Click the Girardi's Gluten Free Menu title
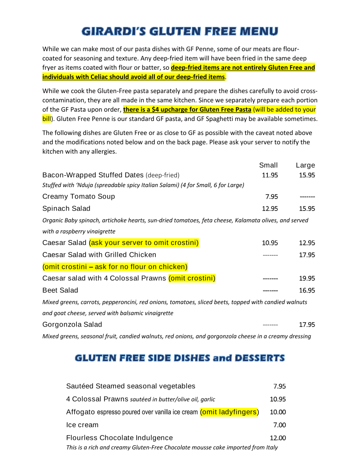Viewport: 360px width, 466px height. (180, 31)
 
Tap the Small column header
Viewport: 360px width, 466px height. (268, 165)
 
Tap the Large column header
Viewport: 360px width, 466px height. (305, 165)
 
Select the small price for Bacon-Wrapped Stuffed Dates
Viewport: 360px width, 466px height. (270, 175)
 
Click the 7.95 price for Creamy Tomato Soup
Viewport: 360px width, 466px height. (271, 196)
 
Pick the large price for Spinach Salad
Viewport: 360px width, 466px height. (307, 208)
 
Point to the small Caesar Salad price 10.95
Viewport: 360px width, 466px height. (270, 243)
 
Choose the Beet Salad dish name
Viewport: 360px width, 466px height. (60, 290)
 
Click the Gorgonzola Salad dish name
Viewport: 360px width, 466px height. (72, 325)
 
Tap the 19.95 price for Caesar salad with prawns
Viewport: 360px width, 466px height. (307, 278)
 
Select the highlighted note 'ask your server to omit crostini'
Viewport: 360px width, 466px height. (144, 243)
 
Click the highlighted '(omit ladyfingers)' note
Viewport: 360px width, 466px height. (229, 412)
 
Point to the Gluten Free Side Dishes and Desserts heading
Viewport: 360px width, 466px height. (180, 358)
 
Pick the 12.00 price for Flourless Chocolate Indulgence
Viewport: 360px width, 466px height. (278, 438)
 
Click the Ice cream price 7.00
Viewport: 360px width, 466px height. (280, 425)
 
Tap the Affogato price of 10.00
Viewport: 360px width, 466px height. (278, 412)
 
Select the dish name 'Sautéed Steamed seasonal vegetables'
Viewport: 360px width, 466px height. (131, 386)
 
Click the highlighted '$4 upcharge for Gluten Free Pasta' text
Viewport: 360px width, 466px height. (187, 109)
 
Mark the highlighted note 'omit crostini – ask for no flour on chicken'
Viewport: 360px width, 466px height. (115, 267)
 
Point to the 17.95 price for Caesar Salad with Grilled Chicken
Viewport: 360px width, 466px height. (307, 255)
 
